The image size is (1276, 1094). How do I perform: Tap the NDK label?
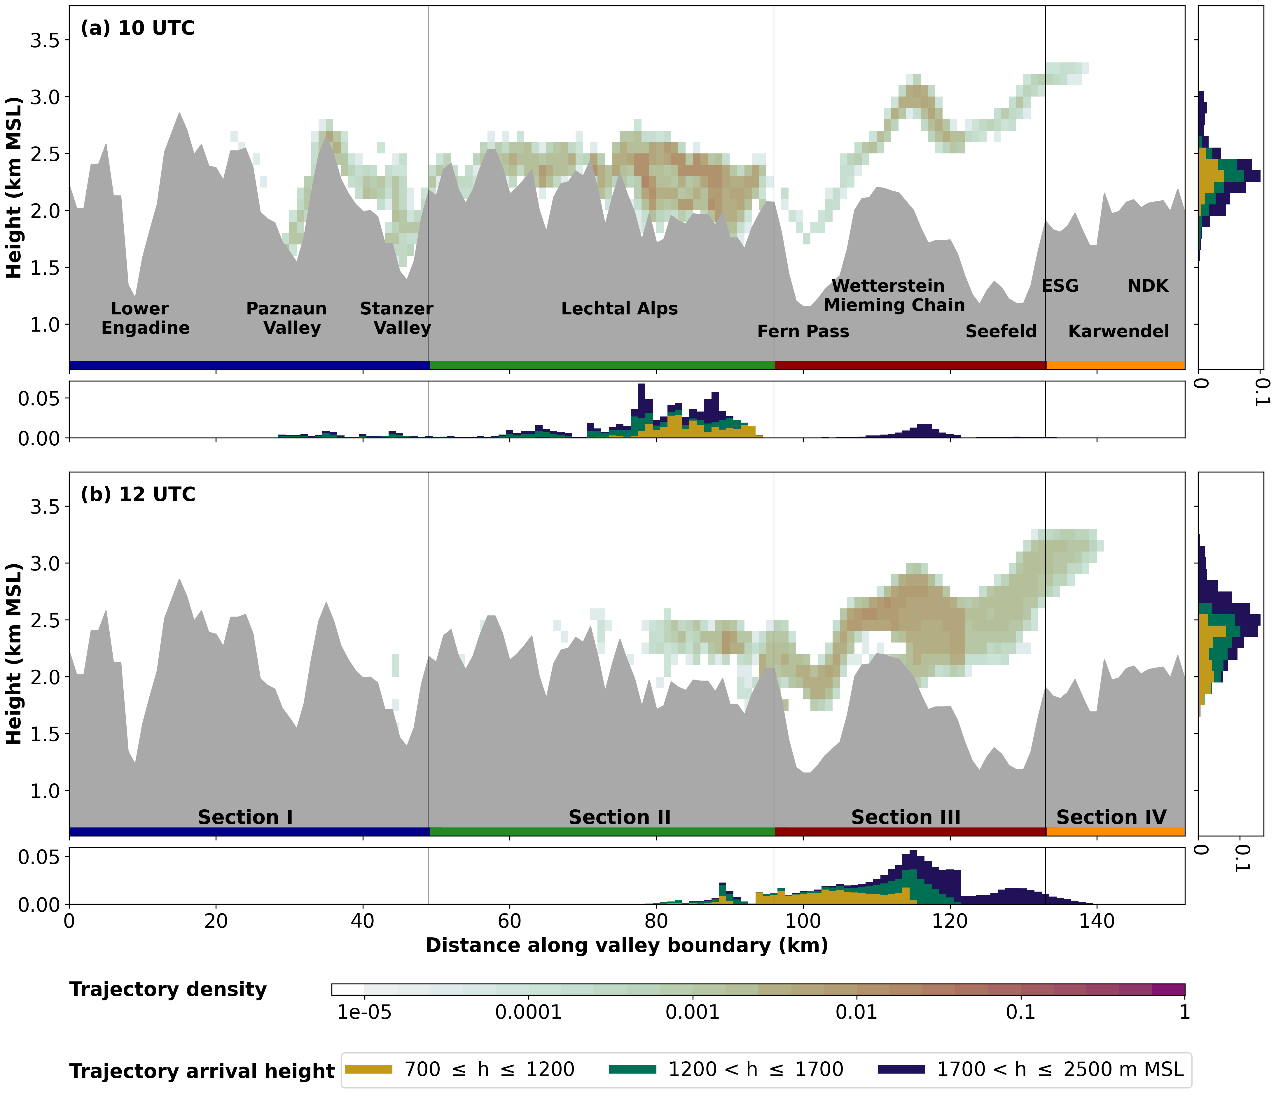(1148, 286)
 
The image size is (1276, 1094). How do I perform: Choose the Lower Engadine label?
(145, 318)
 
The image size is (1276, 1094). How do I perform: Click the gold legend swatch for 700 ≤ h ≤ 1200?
(368, 1070)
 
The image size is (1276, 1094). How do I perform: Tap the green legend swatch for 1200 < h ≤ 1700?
(632, 1070)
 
